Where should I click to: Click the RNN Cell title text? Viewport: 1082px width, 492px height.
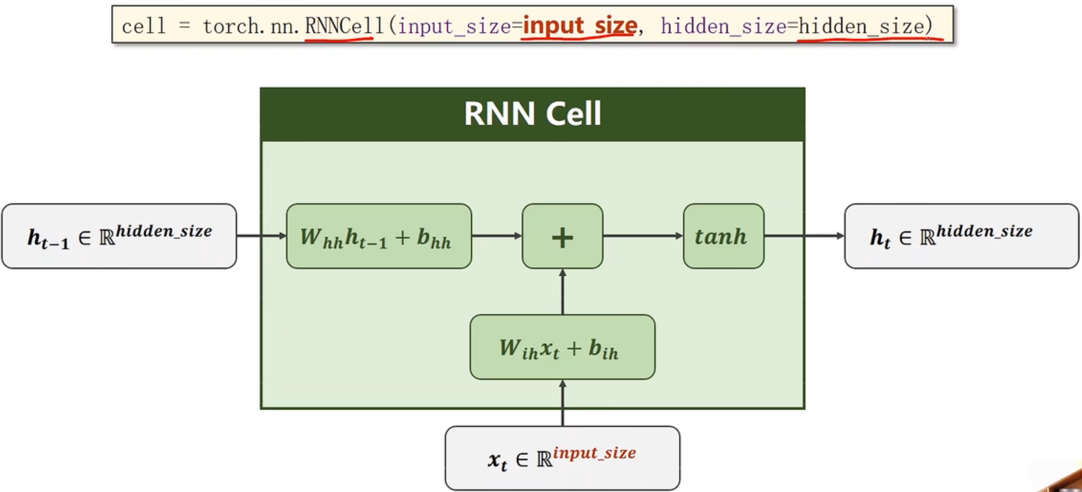point(532,114)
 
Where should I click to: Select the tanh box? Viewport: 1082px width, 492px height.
point(723,236)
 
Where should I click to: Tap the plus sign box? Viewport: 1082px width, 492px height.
point(562,236)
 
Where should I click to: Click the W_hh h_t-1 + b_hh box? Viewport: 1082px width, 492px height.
point(379,236)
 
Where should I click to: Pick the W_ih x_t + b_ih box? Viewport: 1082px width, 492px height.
point(562,347)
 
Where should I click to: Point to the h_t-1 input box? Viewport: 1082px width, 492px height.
point(119,236)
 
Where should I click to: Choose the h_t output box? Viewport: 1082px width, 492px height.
point(961,236)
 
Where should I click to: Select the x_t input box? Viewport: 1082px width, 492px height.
point(562,458)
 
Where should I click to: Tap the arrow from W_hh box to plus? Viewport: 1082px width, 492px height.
point(496,236)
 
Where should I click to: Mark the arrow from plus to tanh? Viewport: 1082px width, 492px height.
point(642,236)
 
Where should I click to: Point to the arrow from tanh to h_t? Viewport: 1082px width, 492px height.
point(804,236)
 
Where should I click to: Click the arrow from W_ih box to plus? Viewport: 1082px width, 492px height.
point(562,292)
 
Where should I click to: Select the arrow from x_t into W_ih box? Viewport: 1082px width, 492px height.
point(562,403)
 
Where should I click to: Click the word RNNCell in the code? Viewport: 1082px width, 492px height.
point(344,26)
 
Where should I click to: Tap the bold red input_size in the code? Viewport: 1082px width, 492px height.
point(579,26)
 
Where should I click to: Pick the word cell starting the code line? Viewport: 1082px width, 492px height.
point(143,26)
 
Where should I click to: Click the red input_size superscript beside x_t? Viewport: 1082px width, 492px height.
point(594,452)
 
